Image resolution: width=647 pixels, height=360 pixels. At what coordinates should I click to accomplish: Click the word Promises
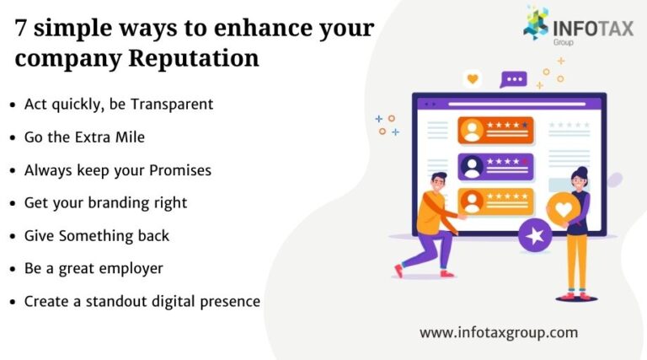[180, 169]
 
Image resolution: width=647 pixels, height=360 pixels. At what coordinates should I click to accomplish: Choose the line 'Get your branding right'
[105, 202]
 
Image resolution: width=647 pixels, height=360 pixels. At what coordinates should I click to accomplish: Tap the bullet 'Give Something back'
[97, 235]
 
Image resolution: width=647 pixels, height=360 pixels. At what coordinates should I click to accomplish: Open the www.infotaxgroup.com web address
[499, 332]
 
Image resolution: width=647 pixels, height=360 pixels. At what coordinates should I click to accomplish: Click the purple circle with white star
[533, 236]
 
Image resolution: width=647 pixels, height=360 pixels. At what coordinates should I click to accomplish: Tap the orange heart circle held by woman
[564, 210]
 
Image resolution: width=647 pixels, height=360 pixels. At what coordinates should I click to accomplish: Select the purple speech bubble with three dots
[513, 79]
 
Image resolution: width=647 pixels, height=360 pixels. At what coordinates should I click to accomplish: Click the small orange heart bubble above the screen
[473, 79]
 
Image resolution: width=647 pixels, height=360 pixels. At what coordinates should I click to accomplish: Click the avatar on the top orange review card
[472, 131]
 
